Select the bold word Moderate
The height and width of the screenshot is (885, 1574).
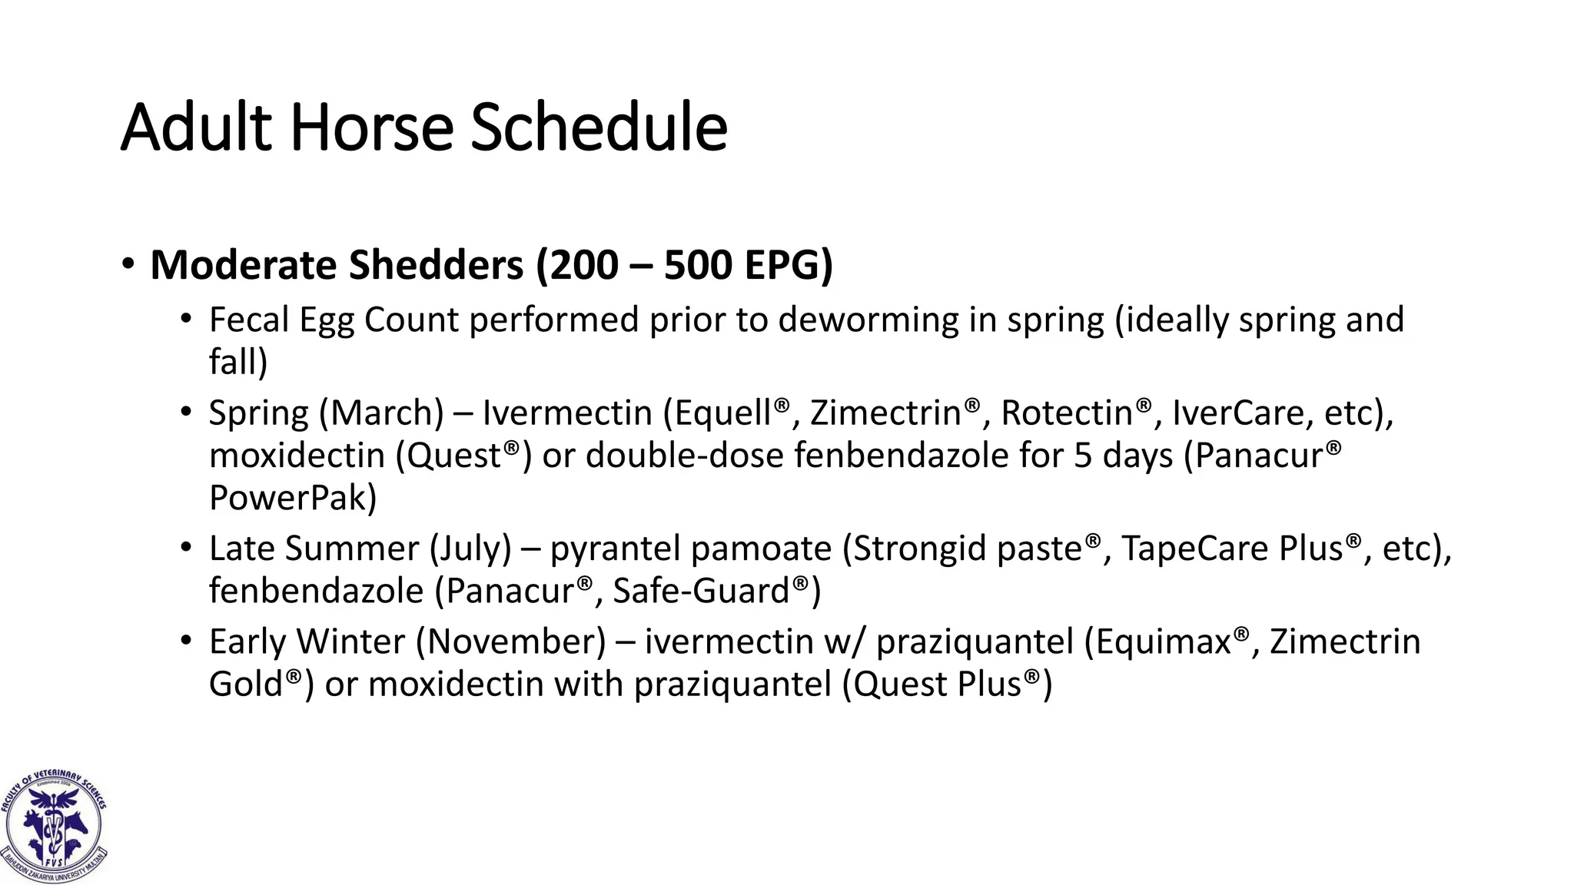click(x=244, y=265)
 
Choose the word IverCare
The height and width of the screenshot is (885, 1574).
click(x=1238, y=413)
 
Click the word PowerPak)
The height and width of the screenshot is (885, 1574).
click(x=293, y=498)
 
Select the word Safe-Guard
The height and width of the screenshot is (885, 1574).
click(x=702, y=591)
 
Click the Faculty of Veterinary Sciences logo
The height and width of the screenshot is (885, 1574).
click(x=54, y=826)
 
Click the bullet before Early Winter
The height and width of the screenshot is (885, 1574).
click(x=186, y=640)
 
